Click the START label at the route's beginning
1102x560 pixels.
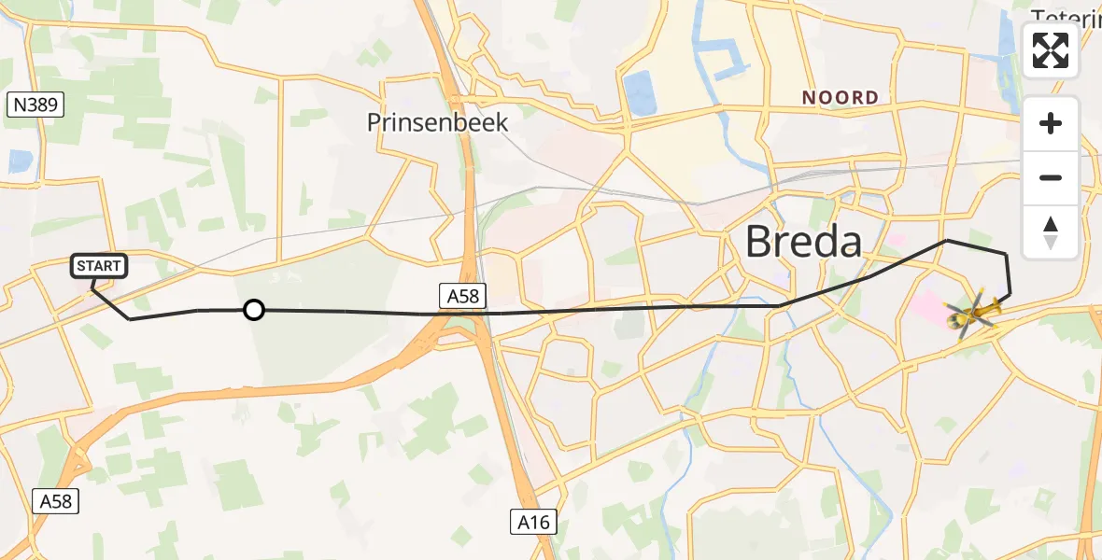[x=98, y=266]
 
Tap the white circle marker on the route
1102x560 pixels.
[x=253, y=310]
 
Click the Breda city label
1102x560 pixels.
[x=803, y=243]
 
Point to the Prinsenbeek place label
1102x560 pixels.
[x=437, y=122]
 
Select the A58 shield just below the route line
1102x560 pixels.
[x=461, y=296]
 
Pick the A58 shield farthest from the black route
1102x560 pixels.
[x=55, y=501]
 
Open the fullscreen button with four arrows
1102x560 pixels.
[x=1051, y=50]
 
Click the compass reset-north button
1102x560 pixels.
[x=1051, y=231]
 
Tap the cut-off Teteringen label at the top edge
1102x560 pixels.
[x=1065, y=14]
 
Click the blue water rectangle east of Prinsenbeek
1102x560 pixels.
[x=640, y=93]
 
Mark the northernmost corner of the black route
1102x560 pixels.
[x=947, y=241]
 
